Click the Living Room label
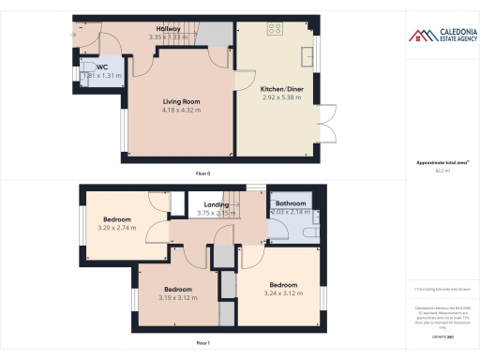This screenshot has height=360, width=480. point(175,100)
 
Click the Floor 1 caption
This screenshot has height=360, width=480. point(202,344)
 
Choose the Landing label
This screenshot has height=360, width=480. point(217,203)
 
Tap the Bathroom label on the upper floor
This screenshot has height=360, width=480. point(288,203)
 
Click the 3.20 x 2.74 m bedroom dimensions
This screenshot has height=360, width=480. point(116,228)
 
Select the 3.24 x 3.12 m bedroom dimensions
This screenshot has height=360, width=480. point(283,293)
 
